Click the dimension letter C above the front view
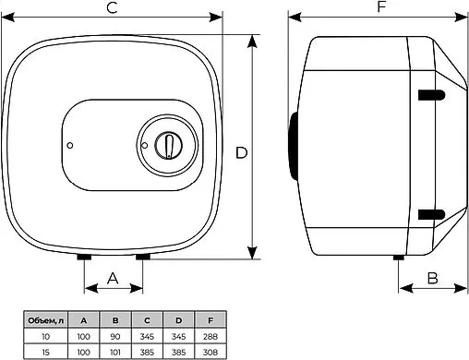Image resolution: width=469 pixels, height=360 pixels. click(113, 7)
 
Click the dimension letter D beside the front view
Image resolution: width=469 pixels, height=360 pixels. click(242, 153)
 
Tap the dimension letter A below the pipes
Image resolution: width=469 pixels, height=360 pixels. click(113, 278)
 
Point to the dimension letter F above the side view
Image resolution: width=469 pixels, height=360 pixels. click(381, 6)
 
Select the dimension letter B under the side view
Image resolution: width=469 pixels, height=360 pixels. click(433, 278)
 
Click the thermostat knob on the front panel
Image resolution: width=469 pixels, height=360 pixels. click(168, 145)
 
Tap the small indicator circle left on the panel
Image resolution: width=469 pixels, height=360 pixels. click(70, 146)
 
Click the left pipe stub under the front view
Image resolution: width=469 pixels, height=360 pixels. click(84, 257)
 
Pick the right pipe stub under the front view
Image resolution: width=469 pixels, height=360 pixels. click(143, 257)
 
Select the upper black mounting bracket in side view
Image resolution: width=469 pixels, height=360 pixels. click(431, 95)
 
